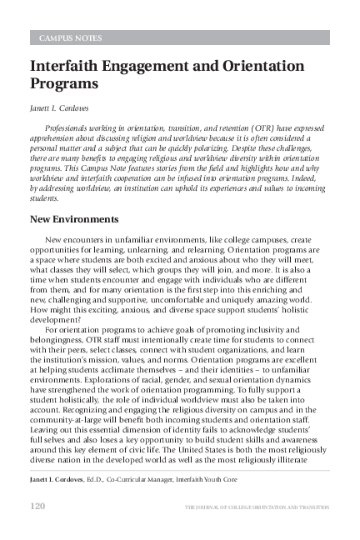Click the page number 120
[x=37, y=506]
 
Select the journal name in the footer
[x=256, y=507]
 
